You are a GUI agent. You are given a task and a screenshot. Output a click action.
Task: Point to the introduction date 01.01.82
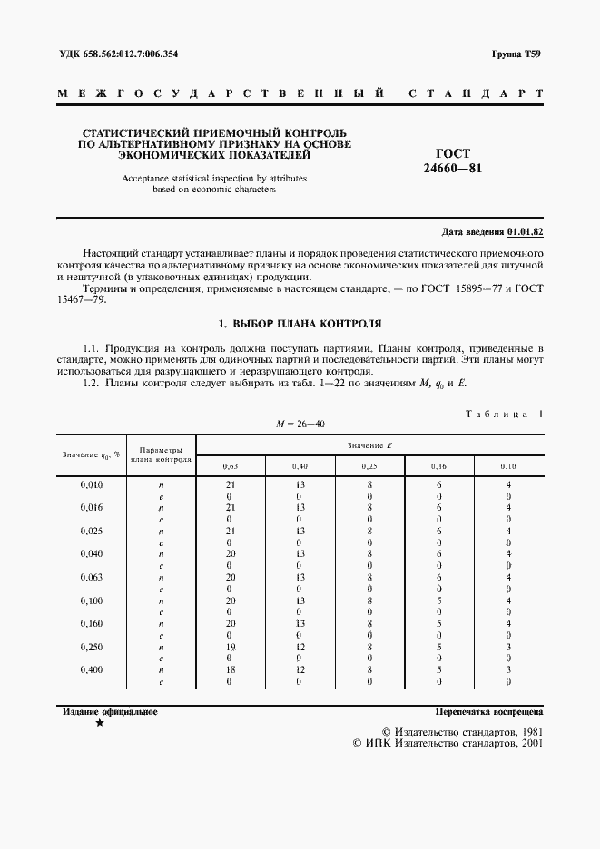[x=526, y=232]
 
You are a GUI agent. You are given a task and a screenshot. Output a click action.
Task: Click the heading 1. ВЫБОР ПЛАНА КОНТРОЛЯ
[x=300, y=323]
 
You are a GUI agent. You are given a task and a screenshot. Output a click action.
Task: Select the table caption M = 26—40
[x=300, y=424]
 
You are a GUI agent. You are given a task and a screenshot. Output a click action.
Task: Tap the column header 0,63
[x=231, y=466]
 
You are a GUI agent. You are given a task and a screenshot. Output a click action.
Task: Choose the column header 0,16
[x=439, y=466]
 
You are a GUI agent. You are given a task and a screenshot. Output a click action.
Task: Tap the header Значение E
[x=369, y=444]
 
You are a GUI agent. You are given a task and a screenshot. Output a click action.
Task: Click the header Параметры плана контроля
[x=161, y=454]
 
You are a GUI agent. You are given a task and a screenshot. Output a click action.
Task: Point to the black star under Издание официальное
[x=99, y=723]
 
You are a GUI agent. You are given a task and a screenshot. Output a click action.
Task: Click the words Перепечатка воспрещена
[x=488, y=712]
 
